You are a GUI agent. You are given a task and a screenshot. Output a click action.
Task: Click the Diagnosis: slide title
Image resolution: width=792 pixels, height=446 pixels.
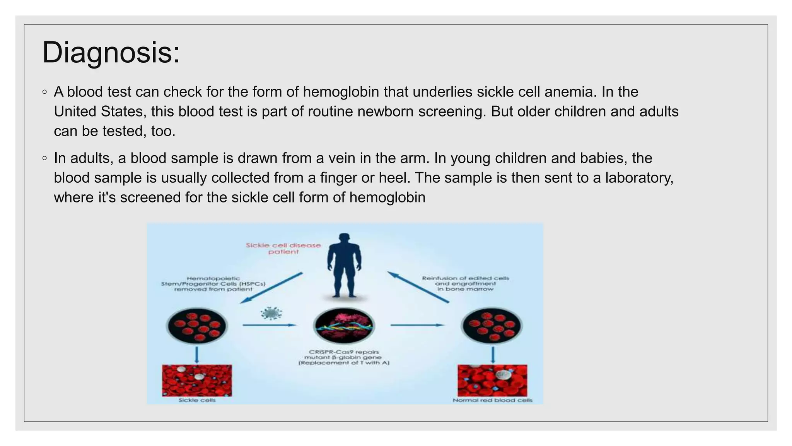click(x=111, y=53)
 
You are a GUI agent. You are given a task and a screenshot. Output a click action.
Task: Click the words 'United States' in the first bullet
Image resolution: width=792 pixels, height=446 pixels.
click(x=100, y=111)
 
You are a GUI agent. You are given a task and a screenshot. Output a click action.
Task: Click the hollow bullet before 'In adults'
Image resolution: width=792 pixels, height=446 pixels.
click(x=45, y=158)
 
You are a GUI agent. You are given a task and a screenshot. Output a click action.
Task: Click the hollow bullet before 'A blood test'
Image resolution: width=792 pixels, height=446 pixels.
click(x=45, y=92)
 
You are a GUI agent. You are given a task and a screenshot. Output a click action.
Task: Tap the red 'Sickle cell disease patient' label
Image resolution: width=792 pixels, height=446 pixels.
click(x=283, y=249)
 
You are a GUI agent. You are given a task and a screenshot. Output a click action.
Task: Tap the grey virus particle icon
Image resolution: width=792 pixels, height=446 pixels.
click(x=271, y=313)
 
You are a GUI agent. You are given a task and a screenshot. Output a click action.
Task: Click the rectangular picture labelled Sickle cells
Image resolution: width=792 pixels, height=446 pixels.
click(x=197, y=380)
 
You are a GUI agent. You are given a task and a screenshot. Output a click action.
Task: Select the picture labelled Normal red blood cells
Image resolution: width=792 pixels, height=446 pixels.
click(x=492, y=380)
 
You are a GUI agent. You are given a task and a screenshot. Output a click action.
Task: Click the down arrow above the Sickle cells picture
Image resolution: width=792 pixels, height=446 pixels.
click(x=197, y=355)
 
